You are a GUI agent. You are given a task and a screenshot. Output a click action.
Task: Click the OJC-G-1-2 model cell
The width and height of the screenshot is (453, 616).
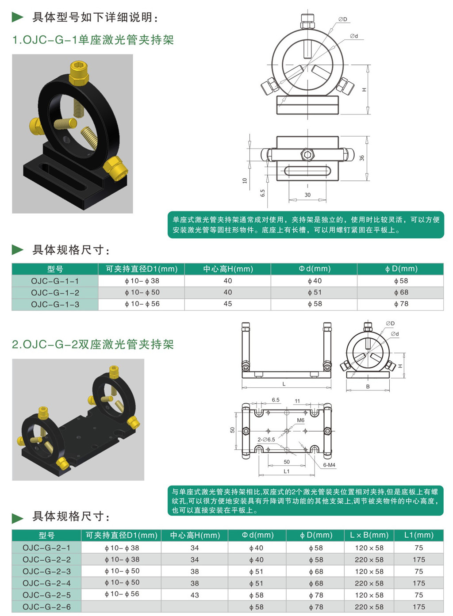click(x=55, y=293)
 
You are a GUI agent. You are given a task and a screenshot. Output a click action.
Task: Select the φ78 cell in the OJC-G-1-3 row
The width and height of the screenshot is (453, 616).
click(x=401, y=304)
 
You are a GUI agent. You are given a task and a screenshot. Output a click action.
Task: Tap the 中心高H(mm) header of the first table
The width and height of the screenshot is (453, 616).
click(x=228, y=269)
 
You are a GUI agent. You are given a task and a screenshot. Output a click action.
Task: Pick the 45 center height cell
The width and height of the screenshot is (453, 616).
click(x=228, y=304)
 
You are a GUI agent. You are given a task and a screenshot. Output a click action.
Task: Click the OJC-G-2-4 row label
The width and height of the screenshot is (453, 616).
click(x=46, y=583)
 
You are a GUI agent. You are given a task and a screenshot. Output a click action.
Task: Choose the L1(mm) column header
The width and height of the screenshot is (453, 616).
click(x=418, y=535)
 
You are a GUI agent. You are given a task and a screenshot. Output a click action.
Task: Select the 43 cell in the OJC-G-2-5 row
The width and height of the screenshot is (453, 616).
click(x=195, y=595)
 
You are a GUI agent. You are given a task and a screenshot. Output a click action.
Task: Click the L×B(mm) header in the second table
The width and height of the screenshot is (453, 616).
click(x=369, y=535)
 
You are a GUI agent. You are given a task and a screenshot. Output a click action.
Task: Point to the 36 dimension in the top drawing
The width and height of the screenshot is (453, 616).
click(x=362, y=158)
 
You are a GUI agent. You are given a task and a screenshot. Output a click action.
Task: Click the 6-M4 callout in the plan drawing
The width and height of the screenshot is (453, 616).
click(x=329, y=465)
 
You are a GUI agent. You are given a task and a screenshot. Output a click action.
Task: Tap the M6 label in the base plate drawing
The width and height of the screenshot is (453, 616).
click(x=301, y=420)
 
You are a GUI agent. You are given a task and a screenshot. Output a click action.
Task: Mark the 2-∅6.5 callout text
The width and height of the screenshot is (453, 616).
click(x=266, y=440)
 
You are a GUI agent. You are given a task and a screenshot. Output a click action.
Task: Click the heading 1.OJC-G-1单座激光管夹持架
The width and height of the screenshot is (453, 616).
click(x=93, y=40)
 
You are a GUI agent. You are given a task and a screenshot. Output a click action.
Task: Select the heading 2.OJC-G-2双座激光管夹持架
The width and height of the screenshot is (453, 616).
click(x=93, y=344)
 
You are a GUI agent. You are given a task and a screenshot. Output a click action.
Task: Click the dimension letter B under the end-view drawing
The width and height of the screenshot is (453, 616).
click(x=368, y=386)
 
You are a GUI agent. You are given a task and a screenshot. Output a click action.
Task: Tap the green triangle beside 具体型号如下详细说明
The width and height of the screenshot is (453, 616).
click(x=17, y=17)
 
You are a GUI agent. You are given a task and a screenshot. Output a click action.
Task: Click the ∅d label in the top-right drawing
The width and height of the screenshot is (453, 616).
click(x=354, y=36)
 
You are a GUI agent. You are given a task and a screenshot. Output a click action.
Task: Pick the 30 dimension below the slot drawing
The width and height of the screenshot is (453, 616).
click(x=307, y=195)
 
